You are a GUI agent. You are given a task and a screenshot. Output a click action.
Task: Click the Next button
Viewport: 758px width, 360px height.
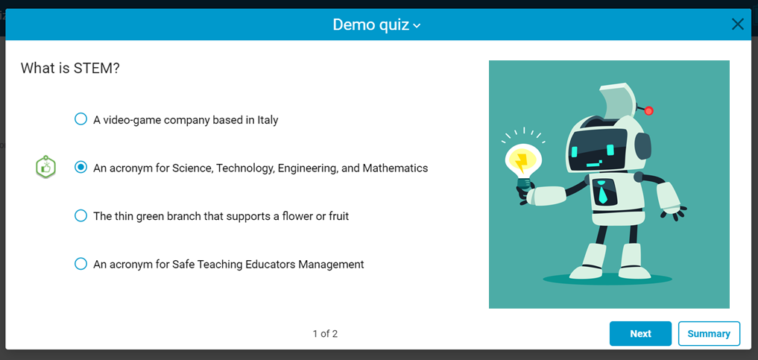coord(640,333)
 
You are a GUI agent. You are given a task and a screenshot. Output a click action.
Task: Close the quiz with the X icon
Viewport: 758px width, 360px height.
coord(737,24)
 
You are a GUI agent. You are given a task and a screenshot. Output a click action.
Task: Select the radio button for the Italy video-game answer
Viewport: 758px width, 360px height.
coord(80,119)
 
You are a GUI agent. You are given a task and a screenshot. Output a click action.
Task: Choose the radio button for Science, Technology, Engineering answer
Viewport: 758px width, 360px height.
coord(80,167)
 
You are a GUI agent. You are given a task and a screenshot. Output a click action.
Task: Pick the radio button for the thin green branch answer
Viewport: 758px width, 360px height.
coord(80,215)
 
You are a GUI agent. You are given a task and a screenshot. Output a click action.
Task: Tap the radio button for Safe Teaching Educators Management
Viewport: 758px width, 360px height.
coord(80,264)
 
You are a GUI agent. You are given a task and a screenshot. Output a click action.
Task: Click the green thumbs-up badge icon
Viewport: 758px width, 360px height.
coord(46,167)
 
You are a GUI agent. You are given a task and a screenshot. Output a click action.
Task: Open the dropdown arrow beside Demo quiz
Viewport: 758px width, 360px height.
coord(417,25)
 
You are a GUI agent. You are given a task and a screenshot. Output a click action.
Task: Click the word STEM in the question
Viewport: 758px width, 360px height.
coord(94,68)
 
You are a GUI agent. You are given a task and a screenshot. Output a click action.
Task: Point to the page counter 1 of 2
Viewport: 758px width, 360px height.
coord(325,333)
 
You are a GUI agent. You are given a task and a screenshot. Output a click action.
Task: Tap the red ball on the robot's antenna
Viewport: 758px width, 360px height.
coord(648,110)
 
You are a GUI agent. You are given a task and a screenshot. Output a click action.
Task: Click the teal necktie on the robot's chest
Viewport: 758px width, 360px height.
coord(602,192)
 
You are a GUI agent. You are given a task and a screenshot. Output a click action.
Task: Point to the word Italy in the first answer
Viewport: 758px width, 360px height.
coord(267,120)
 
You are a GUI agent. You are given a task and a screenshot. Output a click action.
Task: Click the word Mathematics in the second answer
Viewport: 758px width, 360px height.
coord(395,168)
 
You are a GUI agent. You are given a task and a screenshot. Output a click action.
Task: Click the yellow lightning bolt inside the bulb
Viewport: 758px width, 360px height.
coord(521,162)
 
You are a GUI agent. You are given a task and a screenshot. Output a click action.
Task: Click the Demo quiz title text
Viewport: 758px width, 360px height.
coord(370,25)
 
